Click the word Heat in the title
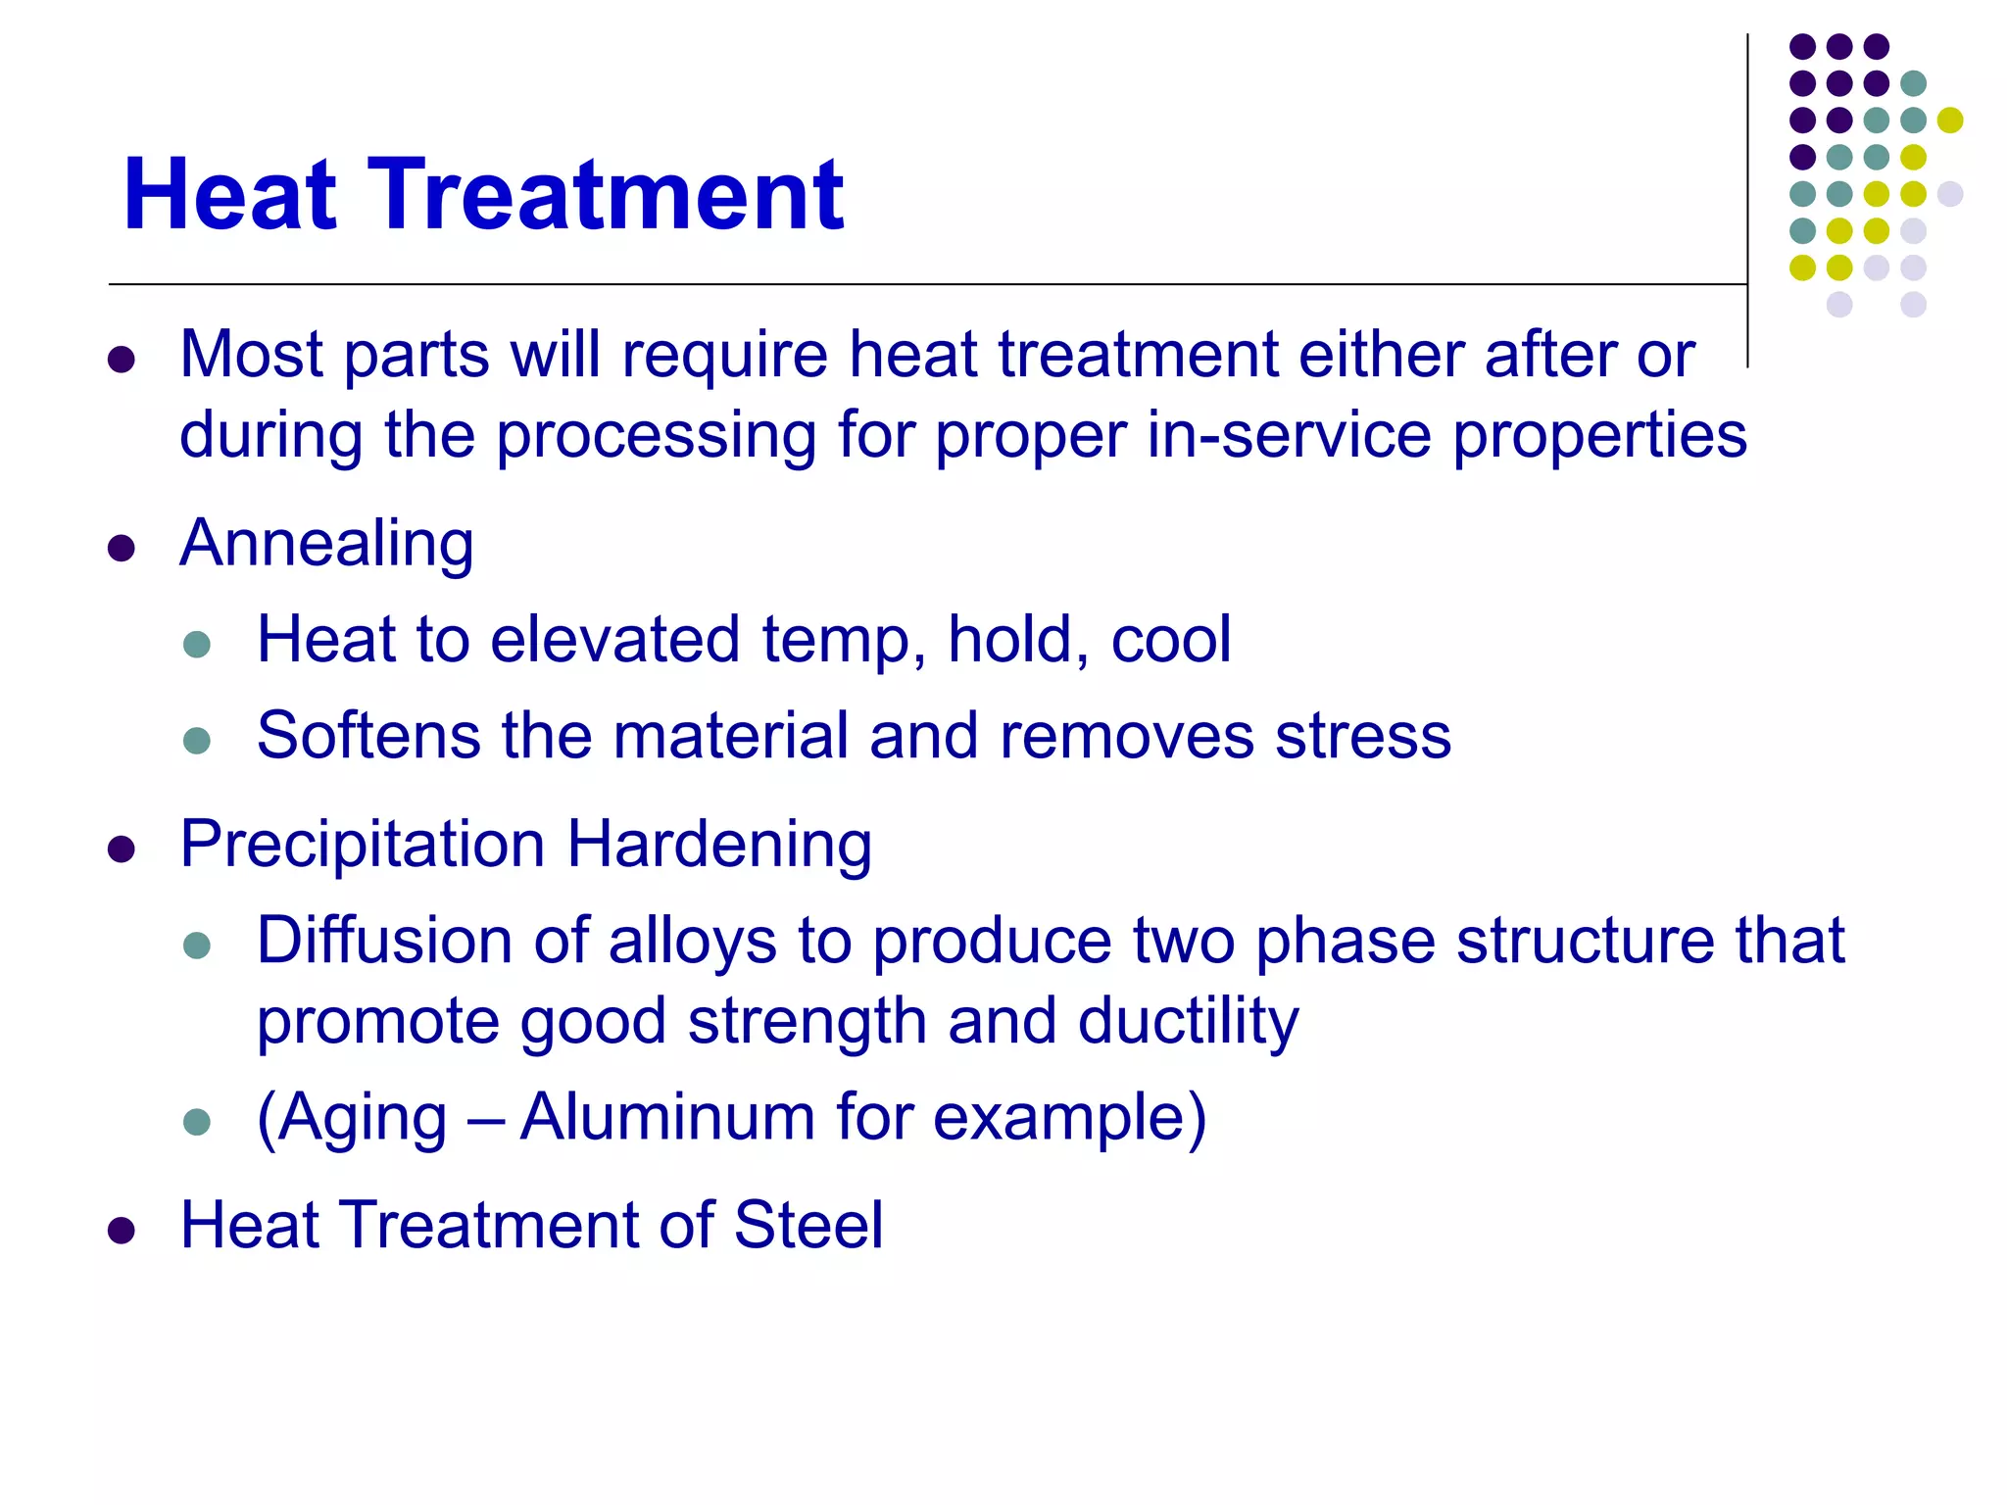point(230,196)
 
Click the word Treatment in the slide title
point(605,196)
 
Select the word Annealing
point(326,545)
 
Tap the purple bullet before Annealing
point(122,548)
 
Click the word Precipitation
point(363,845)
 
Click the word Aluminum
point(667,1117)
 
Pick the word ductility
point(1188,1023)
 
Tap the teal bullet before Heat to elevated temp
point(197,644)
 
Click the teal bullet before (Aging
point(197,1121)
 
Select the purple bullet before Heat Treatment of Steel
point(122,1230)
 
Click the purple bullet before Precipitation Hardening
point(122,849)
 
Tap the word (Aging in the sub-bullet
point(351,1119)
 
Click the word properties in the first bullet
point(1599,435)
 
